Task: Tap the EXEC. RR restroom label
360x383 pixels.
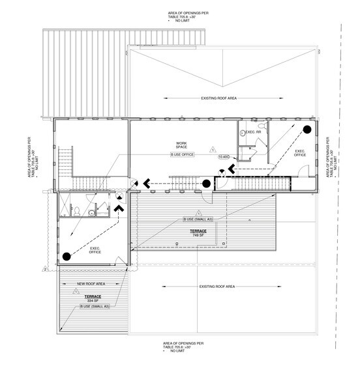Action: coord(253,132)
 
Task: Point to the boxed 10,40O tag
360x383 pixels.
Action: coord(224,157)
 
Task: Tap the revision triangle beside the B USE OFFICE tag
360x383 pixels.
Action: coord(212,149)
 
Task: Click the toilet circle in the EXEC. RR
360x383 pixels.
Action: coord(243,132)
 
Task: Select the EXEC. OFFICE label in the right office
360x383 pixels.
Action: coord(301,153)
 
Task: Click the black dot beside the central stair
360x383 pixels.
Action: coord(206,184)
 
